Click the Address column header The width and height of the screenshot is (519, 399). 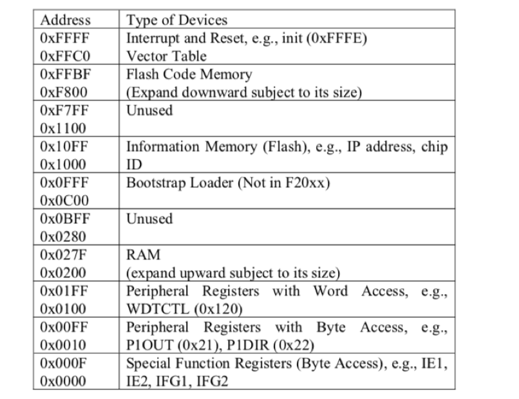pos(64,20)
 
